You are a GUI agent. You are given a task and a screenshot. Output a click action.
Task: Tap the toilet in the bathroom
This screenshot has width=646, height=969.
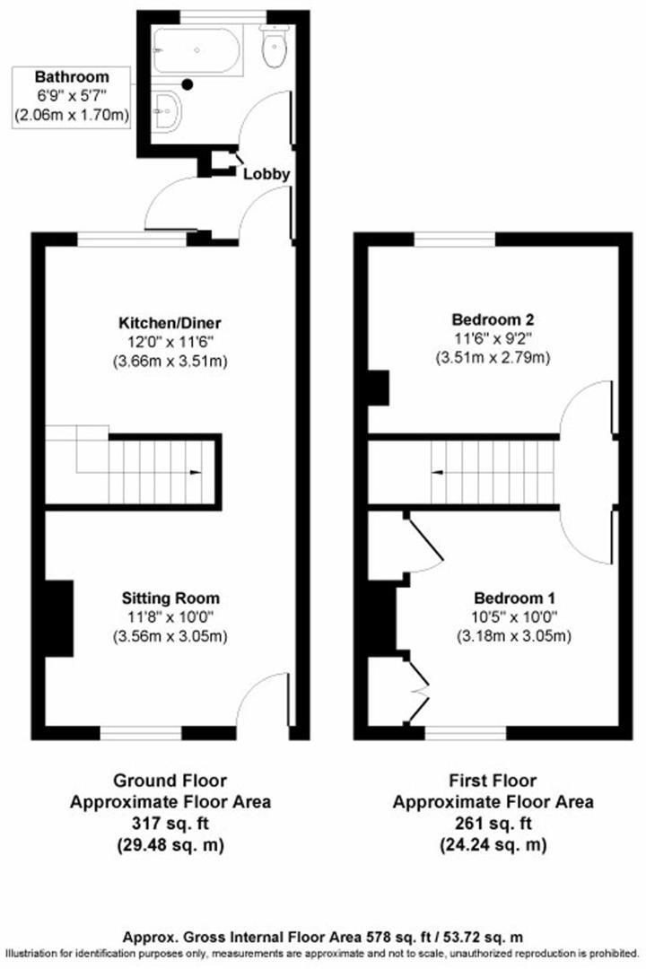pos(274,48)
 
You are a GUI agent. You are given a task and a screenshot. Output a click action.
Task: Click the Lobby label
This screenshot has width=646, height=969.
pos(266,174)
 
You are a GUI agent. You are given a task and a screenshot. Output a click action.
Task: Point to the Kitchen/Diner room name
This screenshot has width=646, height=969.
pos(170,323)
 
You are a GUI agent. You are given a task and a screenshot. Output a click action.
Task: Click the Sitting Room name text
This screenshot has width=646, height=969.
pos(170,598)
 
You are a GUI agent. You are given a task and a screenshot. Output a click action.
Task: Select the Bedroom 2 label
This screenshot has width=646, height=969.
pos(493,319)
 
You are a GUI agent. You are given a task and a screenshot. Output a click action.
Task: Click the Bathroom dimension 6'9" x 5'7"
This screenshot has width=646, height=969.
pos(72,96)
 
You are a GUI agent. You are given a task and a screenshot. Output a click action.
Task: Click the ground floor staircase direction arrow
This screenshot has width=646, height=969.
pos(194,472)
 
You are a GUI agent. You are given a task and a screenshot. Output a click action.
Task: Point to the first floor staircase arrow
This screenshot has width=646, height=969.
pos(437,472)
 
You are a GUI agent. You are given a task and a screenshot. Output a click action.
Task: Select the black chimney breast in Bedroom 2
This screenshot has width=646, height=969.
pos(380,388)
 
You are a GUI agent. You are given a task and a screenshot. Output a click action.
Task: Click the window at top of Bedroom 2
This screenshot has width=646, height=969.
pos(455,239)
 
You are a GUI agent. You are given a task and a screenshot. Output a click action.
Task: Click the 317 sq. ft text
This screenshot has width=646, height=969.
pos(170,824)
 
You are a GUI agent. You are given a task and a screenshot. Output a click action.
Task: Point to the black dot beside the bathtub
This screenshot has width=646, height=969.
pos(188,84)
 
